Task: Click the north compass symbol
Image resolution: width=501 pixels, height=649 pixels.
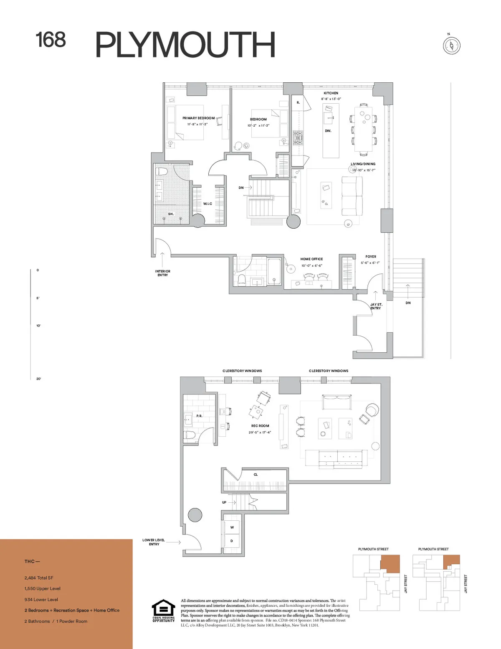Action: [x=451, y=45]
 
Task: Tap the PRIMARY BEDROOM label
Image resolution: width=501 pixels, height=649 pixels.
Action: [x=198, y=118]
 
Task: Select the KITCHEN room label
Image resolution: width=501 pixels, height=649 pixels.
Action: [x=331, y=93]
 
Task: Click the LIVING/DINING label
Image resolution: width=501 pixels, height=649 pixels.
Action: [x=363, y=164]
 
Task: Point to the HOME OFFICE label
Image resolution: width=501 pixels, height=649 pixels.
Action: [x=311, y=259]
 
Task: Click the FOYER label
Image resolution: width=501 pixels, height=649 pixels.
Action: [x=370, y=257]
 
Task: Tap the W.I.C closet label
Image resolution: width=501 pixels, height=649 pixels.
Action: [x=207, y=204]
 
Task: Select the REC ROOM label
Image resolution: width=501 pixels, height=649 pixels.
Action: [x=260, y=426]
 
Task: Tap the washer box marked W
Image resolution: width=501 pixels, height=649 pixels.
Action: [x=232, y=527]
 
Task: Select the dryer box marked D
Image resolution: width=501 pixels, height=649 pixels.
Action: [x=232, y=541]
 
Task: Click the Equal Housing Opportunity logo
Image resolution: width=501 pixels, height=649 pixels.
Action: [x=163, y=611]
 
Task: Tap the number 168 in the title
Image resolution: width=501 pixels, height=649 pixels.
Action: [x=51, y=40]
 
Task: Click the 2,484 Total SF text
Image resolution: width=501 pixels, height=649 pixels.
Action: [x=39, y=578]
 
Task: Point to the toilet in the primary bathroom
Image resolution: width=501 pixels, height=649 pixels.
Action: [x=161, y=171]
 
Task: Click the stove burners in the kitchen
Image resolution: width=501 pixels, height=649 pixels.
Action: [x=298, y=138]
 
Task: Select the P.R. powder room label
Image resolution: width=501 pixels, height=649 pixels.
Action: [x=199, y=416]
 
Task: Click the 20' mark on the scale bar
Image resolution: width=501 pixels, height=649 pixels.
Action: [x=38, y=379]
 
